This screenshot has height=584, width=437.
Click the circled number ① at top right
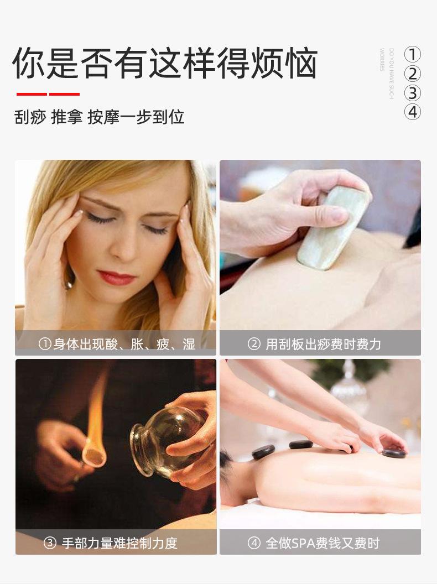(413, 55)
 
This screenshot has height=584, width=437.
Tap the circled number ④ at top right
(413, 112)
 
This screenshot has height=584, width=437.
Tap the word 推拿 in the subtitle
(66, 117)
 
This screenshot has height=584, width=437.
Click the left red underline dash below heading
(32, 94)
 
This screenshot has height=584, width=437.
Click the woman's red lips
(117, 277)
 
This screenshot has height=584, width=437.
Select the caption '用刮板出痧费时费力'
(323, 345)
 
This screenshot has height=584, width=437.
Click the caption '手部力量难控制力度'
(119, 543)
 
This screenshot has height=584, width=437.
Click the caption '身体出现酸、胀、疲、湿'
(124, 345)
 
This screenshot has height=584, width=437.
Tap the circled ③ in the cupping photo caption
(50, 543)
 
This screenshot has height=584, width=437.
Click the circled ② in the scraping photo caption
(254, 345)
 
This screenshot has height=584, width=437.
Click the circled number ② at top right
(413, 74)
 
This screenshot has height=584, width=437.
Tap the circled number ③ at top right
(413, 93)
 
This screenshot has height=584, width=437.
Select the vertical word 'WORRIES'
(382, 60)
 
